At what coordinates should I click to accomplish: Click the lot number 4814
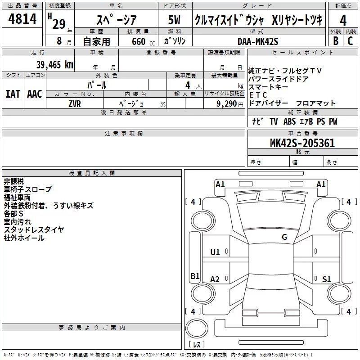tap(22, 20)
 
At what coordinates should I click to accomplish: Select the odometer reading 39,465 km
tap(54, 64)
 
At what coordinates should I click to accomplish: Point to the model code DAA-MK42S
tap(258, 41)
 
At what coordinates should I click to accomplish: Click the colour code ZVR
tap(75, 103)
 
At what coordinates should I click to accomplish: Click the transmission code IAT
tap(13, 94)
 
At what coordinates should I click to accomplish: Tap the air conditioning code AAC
tap(35, 94)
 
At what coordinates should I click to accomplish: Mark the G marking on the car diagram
tap(284, 237)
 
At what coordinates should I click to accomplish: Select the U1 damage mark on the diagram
tap(215, 252)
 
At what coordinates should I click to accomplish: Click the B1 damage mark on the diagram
tap(195, 276)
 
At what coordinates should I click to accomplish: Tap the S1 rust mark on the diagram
tap(327, 279)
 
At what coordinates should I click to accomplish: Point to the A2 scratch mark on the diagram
tap(215, 279)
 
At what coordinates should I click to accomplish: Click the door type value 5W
tap(174, 20)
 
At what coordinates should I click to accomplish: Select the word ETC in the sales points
tap(258, 95)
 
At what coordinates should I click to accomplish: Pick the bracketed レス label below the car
tap(196, 344)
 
